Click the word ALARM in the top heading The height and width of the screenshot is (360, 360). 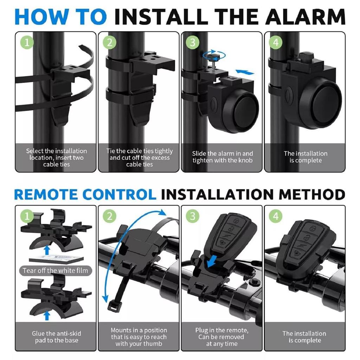coord(306,17)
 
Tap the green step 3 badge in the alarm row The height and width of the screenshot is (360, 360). coord(192,43)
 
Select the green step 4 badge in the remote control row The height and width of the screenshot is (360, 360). coord(276,216)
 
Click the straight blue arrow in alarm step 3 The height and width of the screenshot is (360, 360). coord(245,72)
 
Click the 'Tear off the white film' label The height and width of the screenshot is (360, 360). coord(55,270)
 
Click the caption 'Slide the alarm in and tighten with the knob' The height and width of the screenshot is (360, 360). coord(222,157)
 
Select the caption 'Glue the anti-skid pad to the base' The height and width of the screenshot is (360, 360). coord(56,337)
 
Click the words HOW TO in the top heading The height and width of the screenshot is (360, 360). coord(60,17)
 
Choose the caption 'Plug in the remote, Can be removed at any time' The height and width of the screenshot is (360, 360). coord(222,337)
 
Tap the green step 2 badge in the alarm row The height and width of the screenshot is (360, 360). coord(110,43)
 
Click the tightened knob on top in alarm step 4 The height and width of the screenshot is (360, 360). coord(306,56)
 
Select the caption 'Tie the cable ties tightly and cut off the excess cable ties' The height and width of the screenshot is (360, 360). coord(139,157)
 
